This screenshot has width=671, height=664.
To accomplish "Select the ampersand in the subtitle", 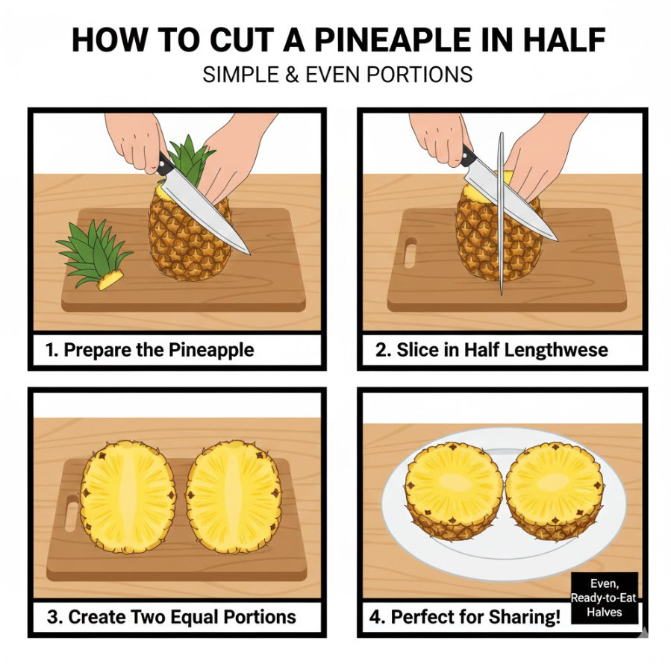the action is click(x=290, y=75).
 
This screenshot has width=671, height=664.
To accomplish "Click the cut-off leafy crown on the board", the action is click(x=94, y=254).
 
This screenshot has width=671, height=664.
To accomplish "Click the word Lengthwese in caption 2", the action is click(x=556, y=350).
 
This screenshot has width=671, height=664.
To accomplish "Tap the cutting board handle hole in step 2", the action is click(x=411, y=252).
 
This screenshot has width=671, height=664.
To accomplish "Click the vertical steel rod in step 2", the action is click(x=501, y=213).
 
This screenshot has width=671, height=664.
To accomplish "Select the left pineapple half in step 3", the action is click(x=128, y=497).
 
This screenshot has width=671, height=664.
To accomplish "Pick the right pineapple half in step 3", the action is click(x=233, y=497).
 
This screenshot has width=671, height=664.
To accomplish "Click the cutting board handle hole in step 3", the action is click(x=72, y=517).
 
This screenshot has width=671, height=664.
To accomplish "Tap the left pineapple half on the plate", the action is click(x=454, y=490).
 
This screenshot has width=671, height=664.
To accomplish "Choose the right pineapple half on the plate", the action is click(x=555, y=492).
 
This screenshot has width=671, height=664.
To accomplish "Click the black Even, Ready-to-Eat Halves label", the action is click(x=605, y=598).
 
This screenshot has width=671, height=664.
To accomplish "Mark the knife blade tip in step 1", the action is click(x=250, y=254).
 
